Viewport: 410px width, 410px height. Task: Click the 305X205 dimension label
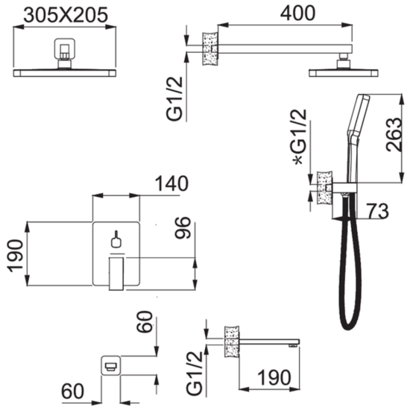coord(66,15)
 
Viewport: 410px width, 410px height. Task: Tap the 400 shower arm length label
coord(297,13)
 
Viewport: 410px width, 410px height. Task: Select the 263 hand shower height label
coord(394,134)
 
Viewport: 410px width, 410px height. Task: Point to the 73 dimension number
coord(378,211)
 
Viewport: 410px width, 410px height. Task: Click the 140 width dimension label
coord(171,183)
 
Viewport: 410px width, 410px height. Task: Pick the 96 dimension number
coord(183,228)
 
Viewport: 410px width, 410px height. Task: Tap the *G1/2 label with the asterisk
coord(299,136)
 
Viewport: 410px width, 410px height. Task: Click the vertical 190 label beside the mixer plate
coord(16,256)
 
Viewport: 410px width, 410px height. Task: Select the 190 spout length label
coord(274,377)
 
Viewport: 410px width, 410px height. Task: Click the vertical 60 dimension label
coord(144,321)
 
